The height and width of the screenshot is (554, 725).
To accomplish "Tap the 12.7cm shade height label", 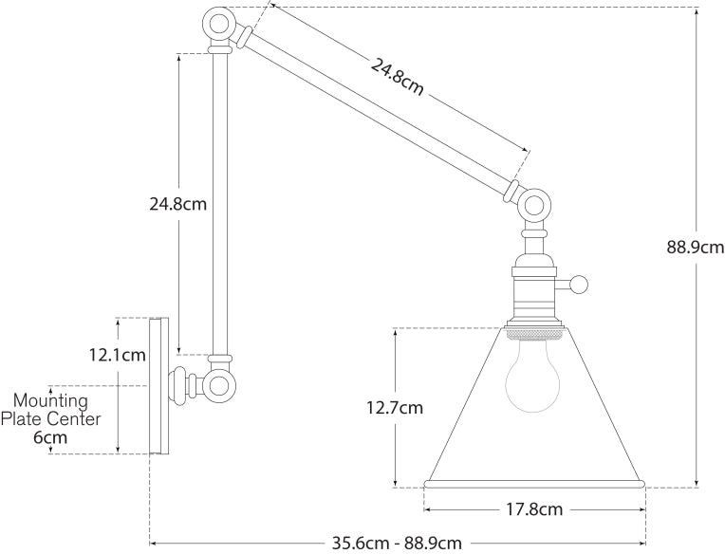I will coord(395,409).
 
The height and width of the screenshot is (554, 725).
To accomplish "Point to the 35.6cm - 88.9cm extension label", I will coord(397,544).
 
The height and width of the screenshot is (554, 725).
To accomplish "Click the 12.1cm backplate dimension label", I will coord(117,355).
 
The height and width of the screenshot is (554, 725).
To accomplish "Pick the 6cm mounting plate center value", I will coord(50,437).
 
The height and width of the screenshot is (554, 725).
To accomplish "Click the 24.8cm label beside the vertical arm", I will coord(177,203).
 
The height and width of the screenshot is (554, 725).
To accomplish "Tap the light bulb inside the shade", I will coord(533,378).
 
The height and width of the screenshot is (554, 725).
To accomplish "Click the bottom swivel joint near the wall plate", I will coord(220,384).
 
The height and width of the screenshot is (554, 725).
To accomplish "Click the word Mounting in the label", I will coord(50,400).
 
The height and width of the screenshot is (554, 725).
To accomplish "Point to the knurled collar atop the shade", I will coord(534,333).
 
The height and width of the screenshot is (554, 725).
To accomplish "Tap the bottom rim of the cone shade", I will coord(534,486).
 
